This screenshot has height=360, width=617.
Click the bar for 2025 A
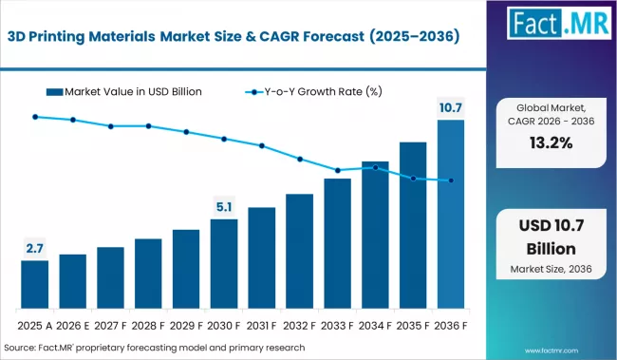(34, 284)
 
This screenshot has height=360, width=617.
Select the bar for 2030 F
(224, 263)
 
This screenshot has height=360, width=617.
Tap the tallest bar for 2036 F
(451, 214)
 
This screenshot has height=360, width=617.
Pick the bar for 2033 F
(337, 243)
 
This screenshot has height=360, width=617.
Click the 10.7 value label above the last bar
(451, 106)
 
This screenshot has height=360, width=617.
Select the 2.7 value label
(34, 248)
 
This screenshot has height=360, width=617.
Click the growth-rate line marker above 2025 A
(34, 117)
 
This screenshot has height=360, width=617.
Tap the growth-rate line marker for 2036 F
(451, 180)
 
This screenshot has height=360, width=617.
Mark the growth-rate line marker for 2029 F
(186, 132)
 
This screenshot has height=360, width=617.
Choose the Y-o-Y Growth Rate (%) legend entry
(314, 91)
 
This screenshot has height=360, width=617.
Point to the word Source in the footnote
(24, 347)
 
